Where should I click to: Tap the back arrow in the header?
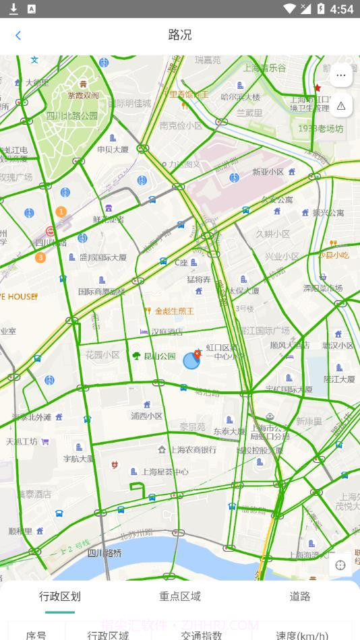[18, 36]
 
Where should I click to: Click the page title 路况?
[180, 35]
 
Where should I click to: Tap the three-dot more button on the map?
[340, 75]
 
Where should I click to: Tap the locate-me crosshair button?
[340, 565]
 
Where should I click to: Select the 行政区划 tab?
[60, 596]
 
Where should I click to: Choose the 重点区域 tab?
[180, 596]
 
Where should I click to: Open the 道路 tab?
[300, 596]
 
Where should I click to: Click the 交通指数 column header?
[202, 635]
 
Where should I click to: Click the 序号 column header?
[36, 635]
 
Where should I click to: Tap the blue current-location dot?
[191, 361]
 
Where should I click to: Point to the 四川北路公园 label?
[72, 115]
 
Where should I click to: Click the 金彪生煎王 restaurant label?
[174, 311]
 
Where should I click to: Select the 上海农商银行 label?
[193, 449]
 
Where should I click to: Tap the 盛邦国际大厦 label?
[102, 257]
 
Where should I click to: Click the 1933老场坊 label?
[320, 128]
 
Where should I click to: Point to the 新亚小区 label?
[268, 172]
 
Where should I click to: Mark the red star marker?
[318, 88]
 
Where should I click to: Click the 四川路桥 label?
[104, 553]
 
